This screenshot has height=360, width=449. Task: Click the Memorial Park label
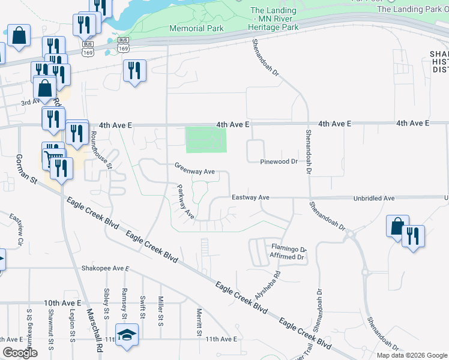point(196,28)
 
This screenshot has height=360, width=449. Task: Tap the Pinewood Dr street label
point(279,162)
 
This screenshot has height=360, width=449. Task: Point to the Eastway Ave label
point(250,197)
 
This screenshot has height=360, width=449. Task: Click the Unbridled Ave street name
point(373,197)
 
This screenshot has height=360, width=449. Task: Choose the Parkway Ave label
point(185,201)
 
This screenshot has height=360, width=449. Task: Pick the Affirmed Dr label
point(288,257)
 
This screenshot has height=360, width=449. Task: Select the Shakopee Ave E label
point(106,268)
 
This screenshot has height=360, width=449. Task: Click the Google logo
point(20,353)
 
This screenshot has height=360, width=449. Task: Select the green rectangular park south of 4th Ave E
point(206,140)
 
